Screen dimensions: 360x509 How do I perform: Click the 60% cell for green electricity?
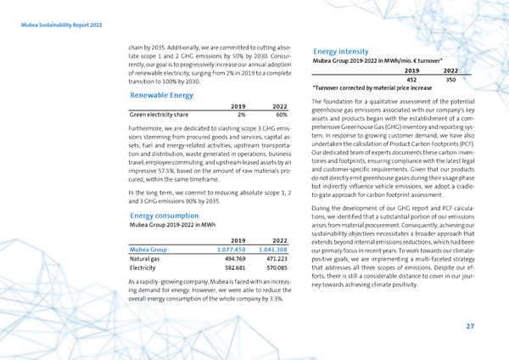pyautogui.click(x=282, y=115)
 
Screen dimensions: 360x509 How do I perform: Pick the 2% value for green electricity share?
pyautogui.click(x=241, y=115)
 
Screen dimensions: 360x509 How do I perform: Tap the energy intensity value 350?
pyautogui.click(x=451, y=79)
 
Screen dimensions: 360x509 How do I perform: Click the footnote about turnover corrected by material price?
pyautogui.click(x=373, y=88)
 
